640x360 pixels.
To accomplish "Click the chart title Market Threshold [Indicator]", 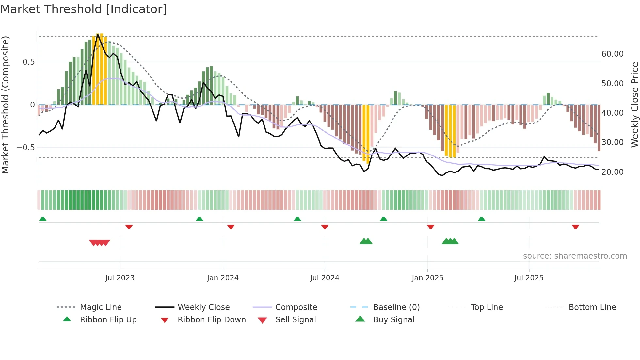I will (84, 9).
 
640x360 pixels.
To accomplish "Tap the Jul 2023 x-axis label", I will (120, 278).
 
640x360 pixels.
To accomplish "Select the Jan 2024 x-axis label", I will (223, 278).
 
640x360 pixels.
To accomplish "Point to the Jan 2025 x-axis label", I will (427, 278).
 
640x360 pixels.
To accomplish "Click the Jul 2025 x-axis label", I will (529, 278).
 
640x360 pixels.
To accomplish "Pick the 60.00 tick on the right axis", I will (612, 54).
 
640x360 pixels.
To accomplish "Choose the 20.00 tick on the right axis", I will (612, 172).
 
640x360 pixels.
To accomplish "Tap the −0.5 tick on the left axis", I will (25, 148).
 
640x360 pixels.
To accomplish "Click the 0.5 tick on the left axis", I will (28, 62).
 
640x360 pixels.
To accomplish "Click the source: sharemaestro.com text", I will (575, 256).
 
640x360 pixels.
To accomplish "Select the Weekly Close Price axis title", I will (634, 105).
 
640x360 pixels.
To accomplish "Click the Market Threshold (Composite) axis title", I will (5, 105).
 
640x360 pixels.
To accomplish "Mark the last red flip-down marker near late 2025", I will (575, 227).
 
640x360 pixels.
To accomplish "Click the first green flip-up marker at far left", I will (43, 219).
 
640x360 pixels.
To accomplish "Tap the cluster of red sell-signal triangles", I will (100, 243).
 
